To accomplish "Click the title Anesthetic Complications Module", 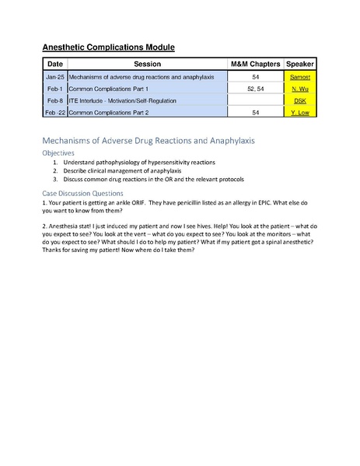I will (x=108, y=47).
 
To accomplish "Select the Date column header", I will (x=54, y=64).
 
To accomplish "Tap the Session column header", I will (x=148, y=64).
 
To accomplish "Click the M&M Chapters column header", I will (x=256, y=64).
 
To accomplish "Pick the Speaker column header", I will (x=300, y=64).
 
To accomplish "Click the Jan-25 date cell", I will (x=54, y=77).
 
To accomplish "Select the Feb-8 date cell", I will (x=54, y=101).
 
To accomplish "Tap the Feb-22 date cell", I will (x=54, y=113).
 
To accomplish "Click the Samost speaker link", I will (x=300, y=77).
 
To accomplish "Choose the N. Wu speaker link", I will (x=300, y=89).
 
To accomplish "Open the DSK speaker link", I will (x=300, y=101).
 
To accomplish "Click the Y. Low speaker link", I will (x=300, y=113).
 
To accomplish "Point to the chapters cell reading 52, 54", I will (x=256, y=89).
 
